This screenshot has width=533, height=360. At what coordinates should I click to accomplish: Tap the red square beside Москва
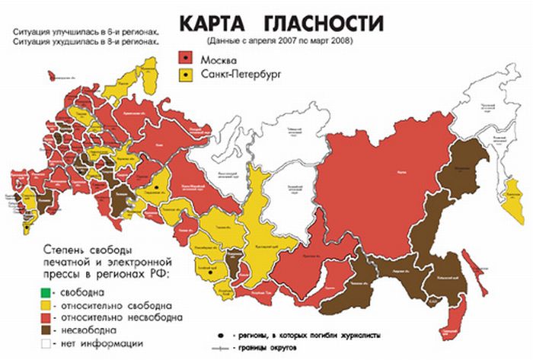click(x=185, y=59)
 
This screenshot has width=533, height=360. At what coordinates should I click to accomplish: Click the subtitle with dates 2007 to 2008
click(x=283, y=40)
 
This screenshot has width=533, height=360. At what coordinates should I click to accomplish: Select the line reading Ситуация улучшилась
click(x=85, y=33)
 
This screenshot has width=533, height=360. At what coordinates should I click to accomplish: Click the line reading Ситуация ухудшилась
click(x=85, y=43)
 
